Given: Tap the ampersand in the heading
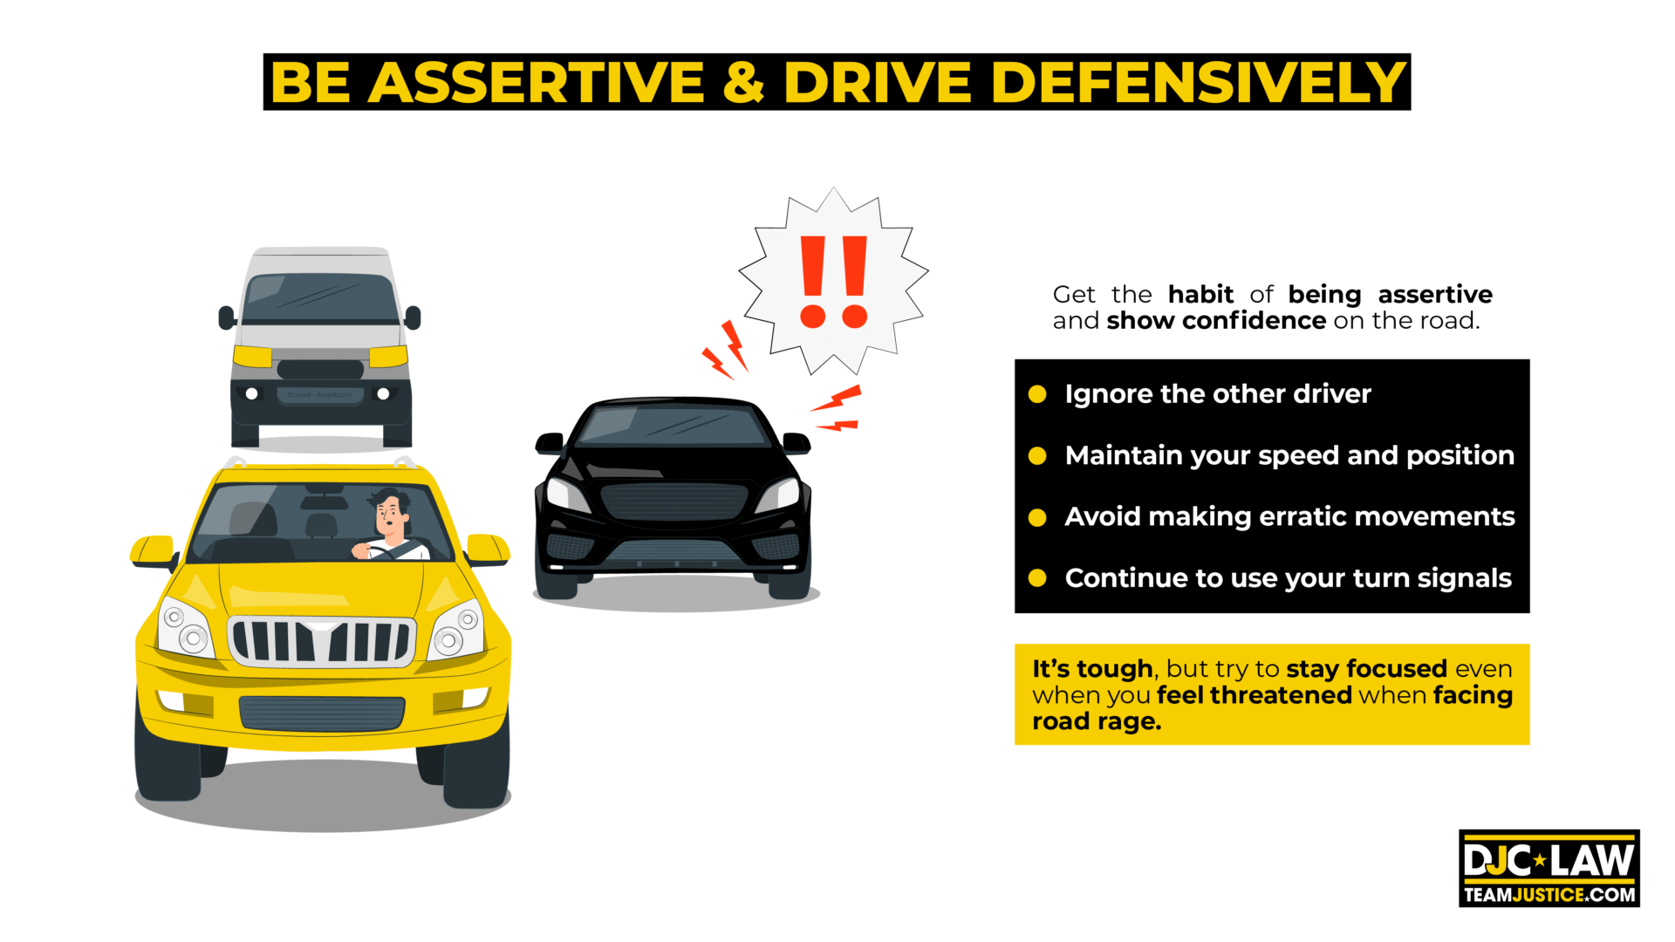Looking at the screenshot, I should (x=743, y=83).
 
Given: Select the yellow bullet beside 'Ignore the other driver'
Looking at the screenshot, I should (x=1037, y=394).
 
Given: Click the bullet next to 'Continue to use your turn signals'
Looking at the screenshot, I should (x=1037, y=578).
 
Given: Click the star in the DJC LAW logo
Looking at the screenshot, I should (x=1540, y=861).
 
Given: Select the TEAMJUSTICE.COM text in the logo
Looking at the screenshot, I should (x=1549, y=895).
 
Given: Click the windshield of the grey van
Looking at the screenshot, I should (x=320, y=298).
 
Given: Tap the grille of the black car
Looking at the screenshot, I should (x=673, y=501).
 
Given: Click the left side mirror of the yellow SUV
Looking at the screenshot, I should (x=153, y=550).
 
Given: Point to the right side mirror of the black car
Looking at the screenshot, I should (x=796, y=443).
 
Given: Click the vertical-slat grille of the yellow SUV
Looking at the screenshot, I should (x=321, y=641).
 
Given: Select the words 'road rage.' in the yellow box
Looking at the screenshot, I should (x=1097, y=721).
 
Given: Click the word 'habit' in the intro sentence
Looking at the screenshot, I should (x=1200, y=295).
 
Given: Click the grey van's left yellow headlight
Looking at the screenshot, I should (x=252, y=356).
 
